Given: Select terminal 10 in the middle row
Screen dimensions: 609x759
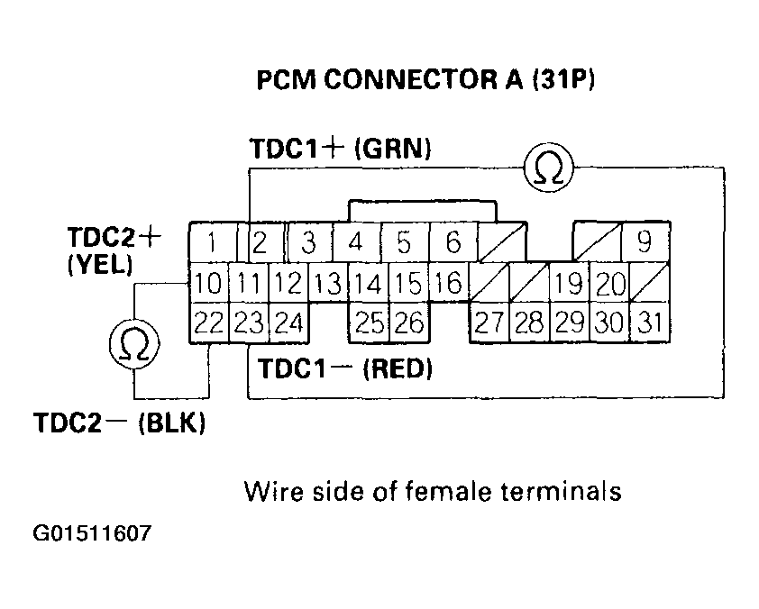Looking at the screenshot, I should click(208, 285).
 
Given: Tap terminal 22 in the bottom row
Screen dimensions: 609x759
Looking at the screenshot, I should click(208, 322).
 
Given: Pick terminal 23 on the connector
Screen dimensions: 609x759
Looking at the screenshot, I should click(248, 322).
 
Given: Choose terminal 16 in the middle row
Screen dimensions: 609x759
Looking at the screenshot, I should click(448, 285).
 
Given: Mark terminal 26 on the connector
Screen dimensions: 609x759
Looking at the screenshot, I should click(408, 322).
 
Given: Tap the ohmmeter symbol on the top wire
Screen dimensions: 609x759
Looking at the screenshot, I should click(546, 168).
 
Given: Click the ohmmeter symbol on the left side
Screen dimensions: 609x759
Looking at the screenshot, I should click(134, 343).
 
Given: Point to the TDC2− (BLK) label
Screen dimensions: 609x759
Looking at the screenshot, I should click(119, 423).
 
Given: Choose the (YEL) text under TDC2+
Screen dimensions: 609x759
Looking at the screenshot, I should click(99, 267).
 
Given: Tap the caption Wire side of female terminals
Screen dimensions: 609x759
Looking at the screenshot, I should click(433, 492).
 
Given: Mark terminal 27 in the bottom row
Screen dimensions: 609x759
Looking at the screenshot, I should click(488, 322).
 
